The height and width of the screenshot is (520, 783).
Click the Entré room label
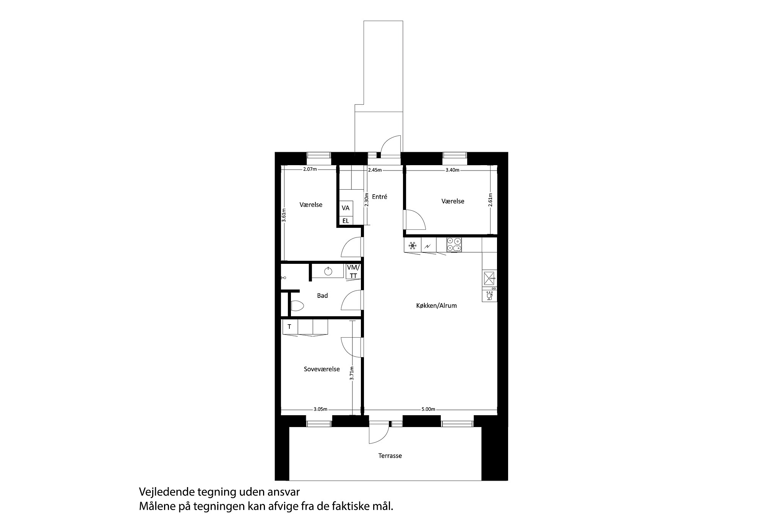[379, 197]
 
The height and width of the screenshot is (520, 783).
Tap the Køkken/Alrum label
[436, 306]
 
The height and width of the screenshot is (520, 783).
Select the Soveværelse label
[322, 369]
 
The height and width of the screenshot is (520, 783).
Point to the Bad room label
[322, 296]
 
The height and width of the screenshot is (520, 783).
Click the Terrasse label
[390, 456]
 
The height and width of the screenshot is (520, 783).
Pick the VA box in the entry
[346, 208]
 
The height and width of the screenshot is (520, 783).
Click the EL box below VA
[346, 221]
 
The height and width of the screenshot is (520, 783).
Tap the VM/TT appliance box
[353, 271]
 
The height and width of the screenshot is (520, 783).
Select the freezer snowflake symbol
[412, 245]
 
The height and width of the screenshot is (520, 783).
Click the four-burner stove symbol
[454, 245]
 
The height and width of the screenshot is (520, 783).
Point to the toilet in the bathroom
[297, 306]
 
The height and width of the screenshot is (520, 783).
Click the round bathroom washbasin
[328, 271]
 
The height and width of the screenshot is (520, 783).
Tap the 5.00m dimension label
[428, 409]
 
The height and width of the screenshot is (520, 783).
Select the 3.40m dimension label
[452, 170]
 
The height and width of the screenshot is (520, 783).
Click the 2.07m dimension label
[310, 169]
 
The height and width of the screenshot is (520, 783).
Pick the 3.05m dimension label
[320, 409]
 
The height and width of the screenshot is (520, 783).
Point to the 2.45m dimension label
[375, 170]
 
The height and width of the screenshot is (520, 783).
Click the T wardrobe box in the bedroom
[289, 327]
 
